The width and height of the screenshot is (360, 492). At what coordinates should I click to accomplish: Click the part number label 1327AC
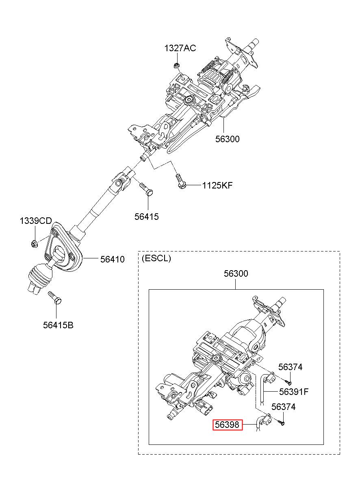180,48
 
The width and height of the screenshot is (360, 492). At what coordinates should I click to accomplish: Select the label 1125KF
217,186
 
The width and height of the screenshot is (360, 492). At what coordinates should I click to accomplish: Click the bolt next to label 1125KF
181,182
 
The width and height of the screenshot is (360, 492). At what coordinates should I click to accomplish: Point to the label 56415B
58,325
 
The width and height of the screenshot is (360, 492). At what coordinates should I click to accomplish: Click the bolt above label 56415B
55,298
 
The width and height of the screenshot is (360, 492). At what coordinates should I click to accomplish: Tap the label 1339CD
36,221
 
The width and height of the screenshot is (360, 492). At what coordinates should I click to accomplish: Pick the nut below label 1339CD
34,244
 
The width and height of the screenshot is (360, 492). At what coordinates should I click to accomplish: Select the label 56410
113,259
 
